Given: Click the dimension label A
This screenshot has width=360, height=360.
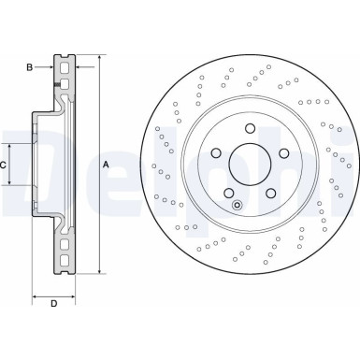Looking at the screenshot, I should (x=106, y=165).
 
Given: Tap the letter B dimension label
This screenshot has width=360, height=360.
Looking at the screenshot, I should (x=30, y=66).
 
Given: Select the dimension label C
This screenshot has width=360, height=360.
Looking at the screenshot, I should (x=5, y=165).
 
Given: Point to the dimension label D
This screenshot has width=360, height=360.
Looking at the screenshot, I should (x=53, y=302).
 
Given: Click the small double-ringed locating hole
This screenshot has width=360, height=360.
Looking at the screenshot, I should (x=238, y=205).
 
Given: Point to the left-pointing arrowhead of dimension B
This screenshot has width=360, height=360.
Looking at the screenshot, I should (x=78, y=66).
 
